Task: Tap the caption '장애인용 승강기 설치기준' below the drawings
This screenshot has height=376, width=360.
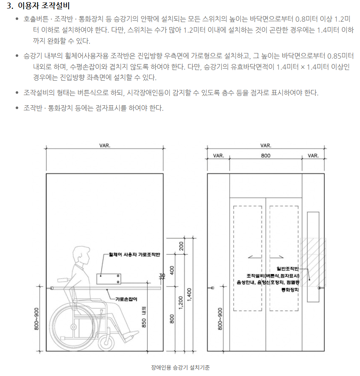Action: click(180, 368)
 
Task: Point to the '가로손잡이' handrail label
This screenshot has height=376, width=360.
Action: click(126, 299)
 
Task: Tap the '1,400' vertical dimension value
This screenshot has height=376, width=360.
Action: click(189, 293)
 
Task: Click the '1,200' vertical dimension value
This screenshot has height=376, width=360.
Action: click(181, 302)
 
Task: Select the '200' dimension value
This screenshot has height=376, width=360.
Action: click(181, 246)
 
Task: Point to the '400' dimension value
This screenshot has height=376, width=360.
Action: click(172, 270)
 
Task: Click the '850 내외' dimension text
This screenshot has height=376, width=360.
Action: click(144, 317)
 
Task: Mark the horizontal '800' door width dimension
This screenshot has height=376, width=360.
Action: click(265, 156)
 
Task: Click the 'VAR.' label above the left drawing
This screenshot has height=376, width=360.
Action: click(105, 145)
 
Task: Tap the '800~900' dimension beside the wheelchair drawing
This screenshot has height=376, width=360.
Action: click(36, 319)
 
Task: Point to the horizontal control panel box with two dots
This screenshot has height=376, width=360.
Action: click(109, 278)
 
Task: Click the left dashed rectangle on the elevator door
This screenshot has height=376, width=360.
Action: click(248, 258)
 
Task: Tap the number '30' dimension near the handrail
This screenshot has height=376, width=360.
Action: click(162, 276)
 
